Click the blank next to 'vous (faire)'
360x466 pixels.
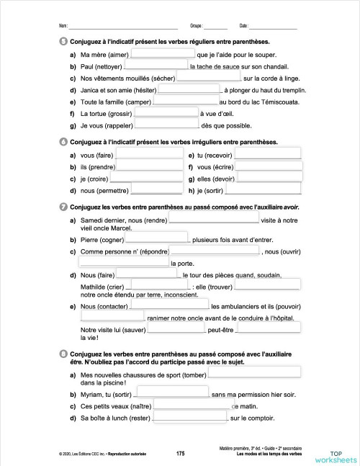pos(148,154)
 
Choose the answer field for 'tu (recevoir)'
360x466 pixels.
pos(268,154)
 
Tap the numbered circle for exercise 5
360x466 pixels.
pos(65,40)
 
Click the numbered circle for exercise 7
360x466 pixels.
pos(65,207)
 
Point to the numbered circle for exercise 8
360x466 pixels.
pos(65,353)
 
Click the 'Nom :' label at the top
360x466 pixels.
pos(63,25)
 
